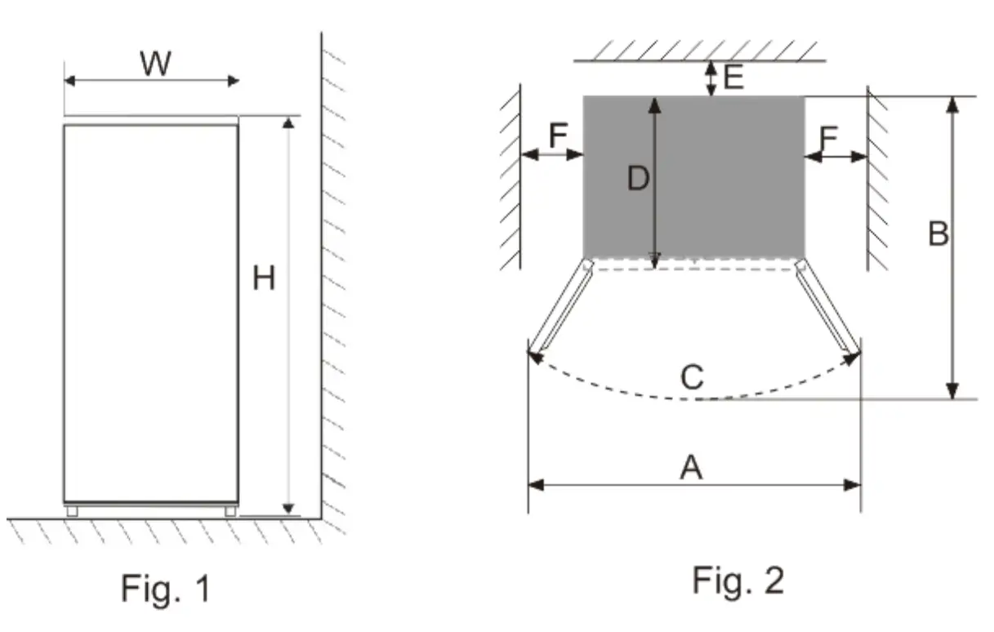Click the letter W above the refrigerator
tap(155, 63)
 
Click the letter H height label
tap(263, 279)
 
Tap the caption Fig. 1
tap(166, 588)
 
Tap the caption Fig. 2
tap(738, 580)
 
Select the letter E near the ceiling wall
tap(733, 78)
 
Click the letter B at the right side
tap(938, 235)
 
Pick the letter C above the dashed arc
tap(691, 377)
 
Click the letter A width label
tap(691, 468)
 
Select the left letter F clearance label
tap(558, 136)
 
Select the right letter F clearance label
tap(828, 139)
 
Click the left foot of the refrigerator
tap(72, 511)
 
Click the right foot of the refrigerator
tap(230, 511)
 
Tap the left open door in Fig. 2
tap(560, 309)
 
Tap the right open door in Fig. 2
tap(827, 309)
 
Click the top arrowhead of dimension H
tap(288, 123)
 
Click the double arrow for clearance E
tap(711, 78)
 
